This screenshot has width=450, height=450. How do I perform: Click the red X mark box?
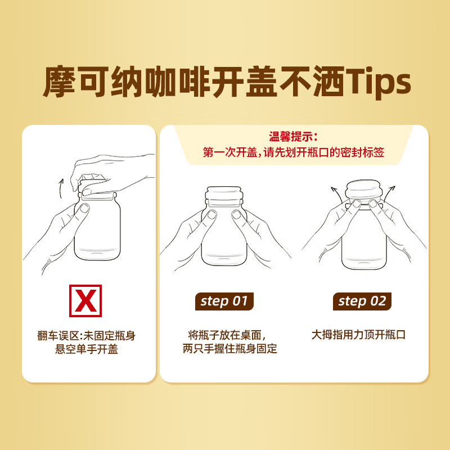click(85, 301)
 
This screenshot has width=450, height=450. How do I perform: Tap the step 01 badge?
click(224, 301)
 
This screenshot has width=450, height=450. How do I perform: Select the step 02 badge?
click(362, 301)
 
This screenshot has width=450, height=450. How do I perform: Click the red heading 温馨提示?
click(294, 137)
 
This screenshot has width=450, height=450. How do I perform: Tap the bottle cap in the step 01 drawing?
click(224, 194)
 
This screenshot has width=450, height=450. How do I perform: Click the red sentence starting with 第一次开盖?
click(293, 152)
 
